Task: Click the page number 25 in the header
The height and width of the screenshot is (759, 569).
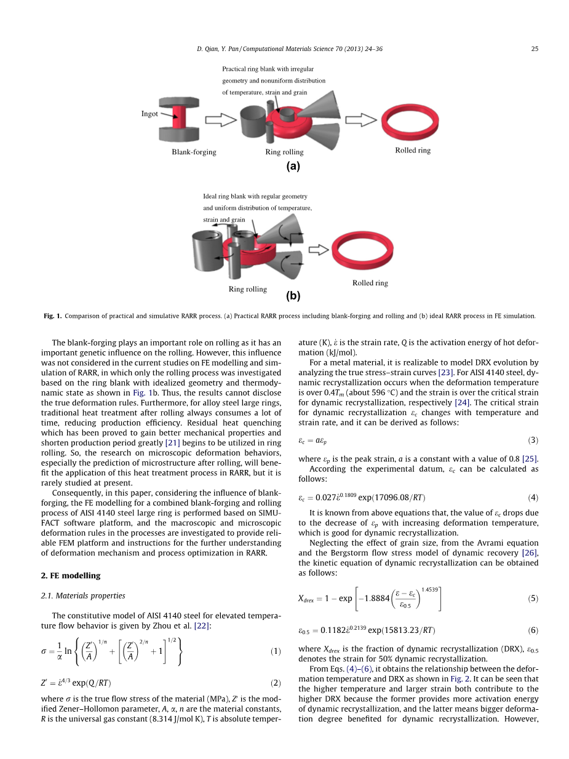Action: pos(535,48)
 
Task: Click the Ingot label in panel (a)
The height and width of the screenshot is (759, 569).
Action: pos(149,114)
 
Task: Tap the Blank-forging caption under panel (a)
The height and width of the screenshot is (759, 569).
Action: pos(194,152)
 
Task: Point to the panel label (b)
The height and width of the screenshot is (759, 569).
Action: pos(293,296)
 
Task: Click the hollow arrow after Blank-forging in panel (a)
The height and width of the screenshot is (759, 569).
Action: pos(221,120)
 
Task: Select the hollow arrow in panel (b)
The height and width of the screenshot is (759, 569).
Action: pos(318,249)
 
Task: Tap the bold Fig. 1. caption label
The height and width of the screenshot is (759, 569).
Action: pos(52,316)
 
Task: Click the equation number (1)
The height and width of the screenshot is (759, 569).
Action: pos(276,651)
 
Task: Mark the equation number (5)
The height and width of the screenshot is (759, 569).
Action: pos(533,598)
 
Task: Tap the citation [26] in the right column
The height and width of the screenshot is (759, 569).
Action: pos(531,553)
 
